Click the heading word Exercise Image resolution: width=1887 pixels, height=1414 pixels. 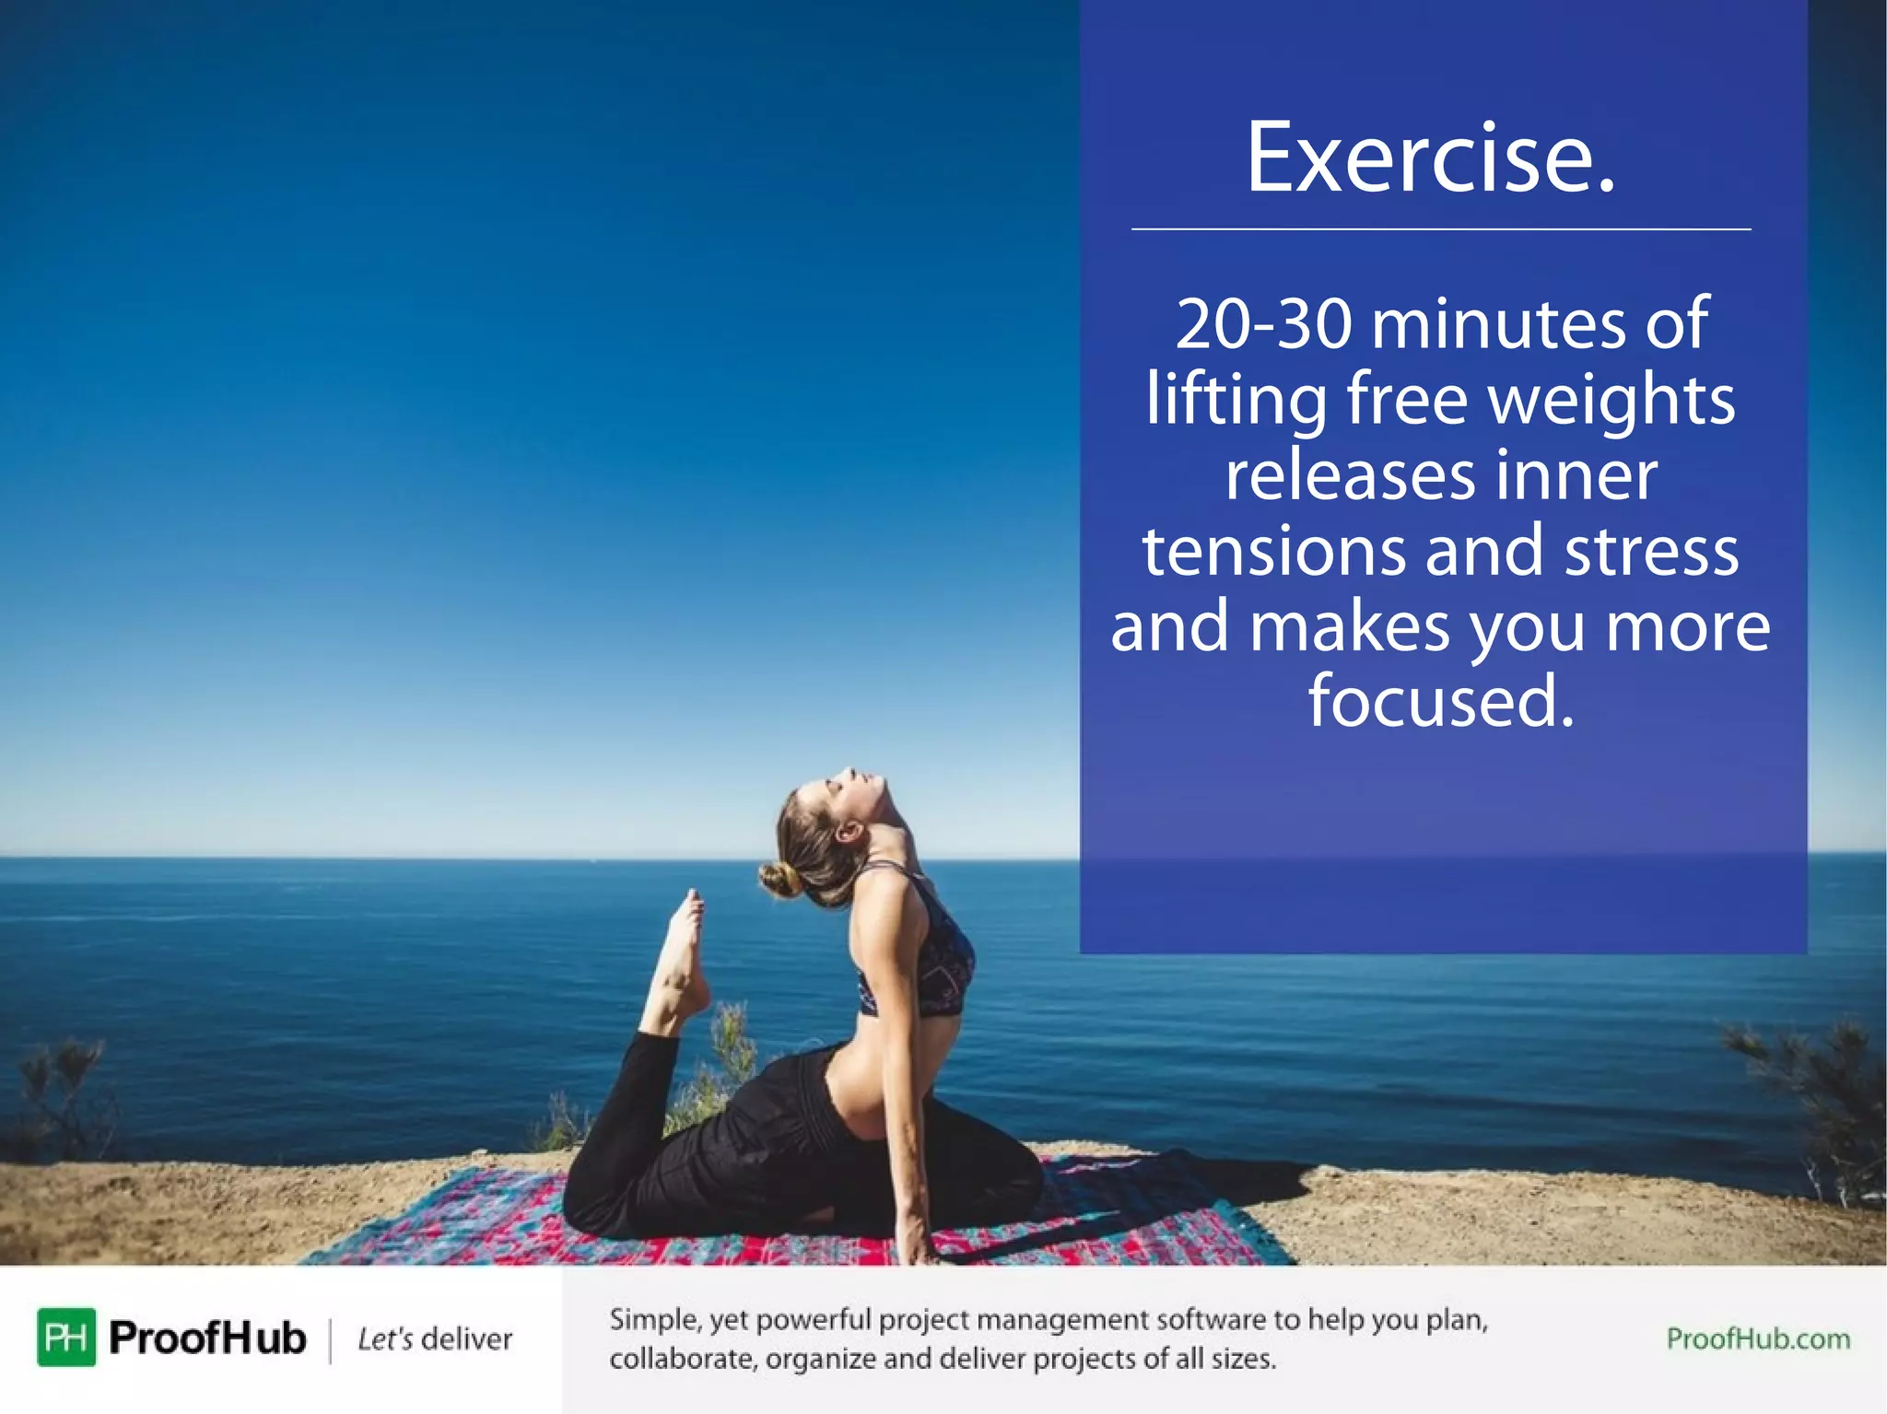point(1431,158)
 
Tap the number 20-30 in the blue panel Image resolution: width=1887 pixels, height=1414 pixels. point(1264,324)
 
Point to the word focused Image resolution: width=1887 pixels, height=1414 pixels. point(1441,701)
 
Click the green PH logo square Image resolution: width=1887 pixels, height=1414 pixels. point(66,1337)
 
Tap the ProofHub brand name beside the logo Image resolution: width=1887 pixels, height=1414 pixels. point(207,1338)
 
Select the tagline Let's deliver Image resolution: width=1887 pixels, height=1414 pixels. point(435,1338)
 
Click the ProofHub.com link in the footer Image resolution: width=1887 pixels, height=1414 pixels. point(1758,1338)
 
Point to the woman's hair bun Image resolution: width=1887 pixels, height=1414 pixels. point(779,880)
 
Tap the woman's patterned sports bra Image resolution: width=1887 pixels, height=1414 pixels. point(931,958)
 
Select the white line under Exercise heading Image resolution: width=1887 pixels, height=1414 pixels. point(1441,228)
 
